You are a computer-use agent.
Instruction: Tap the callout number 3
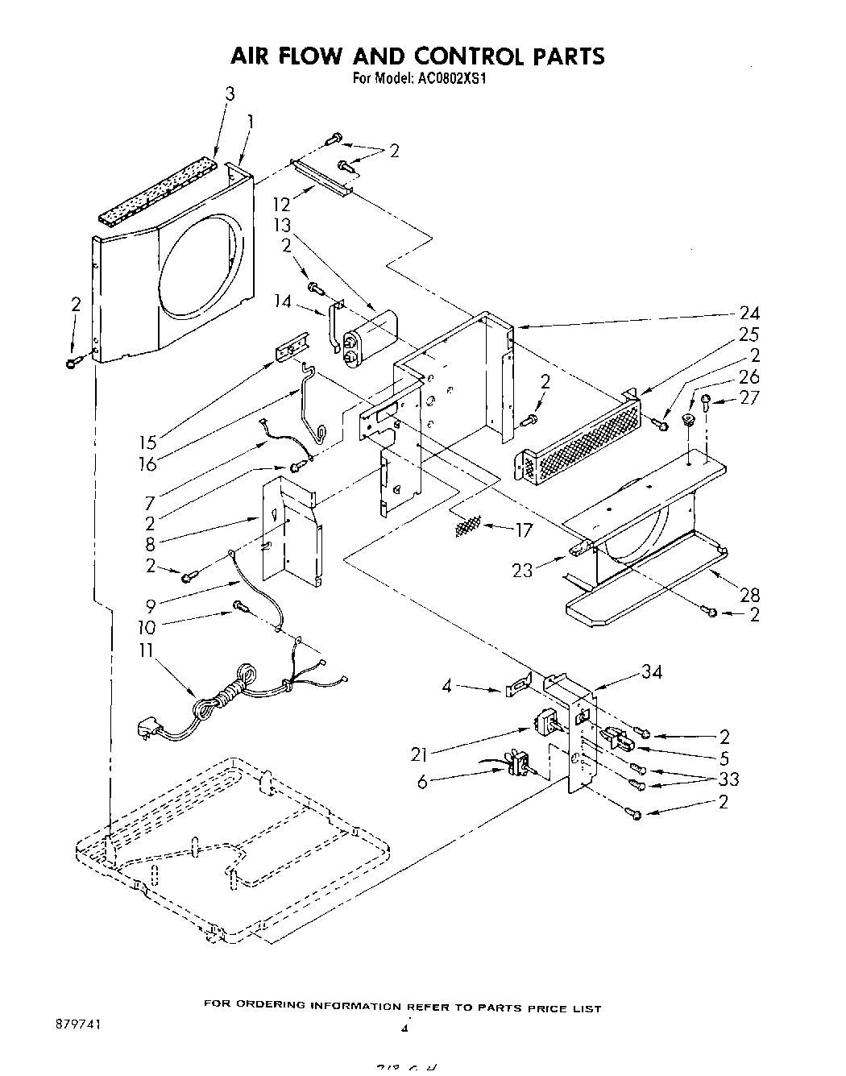click(x=230, y=94)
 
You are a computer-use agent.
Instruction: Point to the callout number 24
click(x=749, y=314)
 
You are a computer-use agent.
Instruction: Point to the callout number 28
click(x=749, y=595)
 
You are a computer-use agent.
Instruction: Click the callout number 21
click(x=419, y=754)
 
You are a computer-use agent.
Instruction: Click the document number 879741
click(x=77, y=1020)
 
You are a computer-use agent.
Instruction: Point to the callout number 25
click(x=749, y=334)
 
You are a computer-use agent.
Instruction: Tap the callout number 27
click(x=749, y=398)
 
